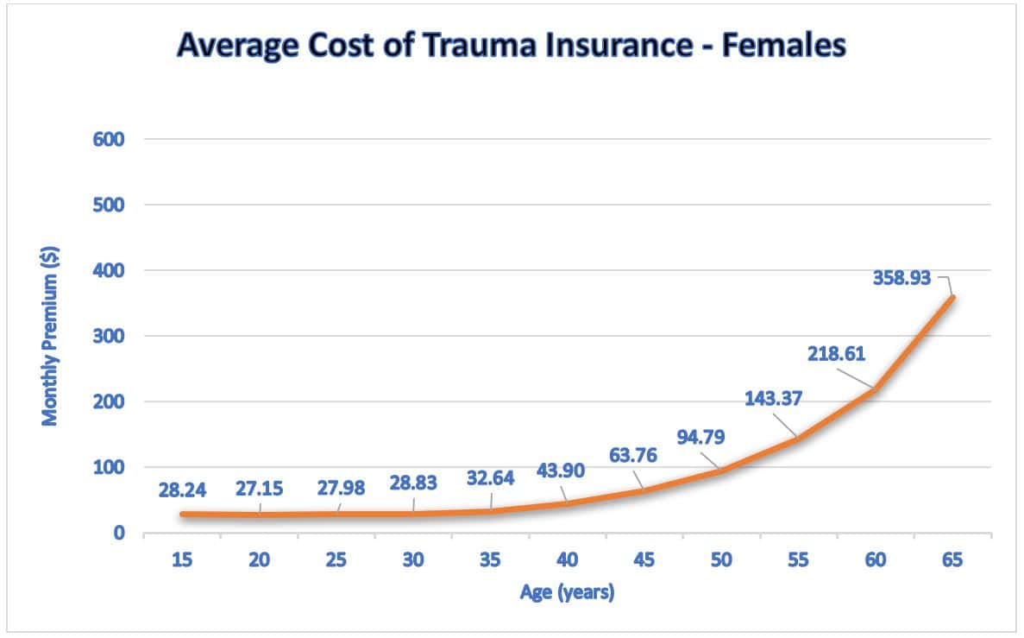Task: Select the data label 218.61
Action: coord(836,353)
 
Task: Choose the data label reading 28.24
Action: coord(183,489)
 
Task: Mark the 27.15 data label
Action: coord(260,489)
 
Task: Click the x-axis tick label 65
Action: coord(952,559)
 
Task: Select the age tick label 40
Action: coord(568,559)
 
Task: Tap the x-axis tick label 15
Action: coord(183,559)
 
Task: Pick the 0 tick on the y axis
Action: coord(120,533)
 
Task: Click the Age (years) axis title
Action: coord(567,593)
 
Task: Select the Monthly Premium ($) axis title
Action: coord(50,336)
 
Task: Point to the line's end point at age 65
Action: coord(952,297)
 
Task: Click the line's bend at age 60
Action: coord(876,389)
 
